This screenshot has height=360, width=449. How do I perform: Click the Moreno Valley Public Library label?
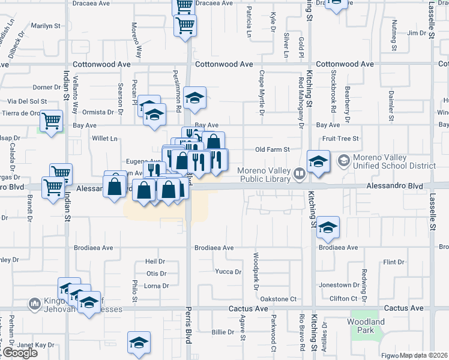(x=265, y=173)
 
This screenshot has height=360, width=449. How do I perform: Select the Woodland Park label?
(x=366, y=326)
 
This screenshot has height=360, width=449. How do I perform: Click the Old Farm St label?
(x=273, y=149)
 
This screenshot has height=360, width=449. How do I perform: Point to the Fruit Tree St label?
(x=340, y=138)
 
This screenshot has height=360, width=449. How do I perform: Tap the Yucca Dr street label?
(x=228, y=271)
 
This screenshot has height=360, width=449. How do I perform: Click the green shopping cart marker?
(x=52, y=122)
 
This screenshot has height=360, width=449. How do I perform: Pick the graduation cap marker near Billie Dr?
(x=139, y=343)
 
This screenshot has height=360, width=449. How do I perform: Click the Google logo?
(x=20, y=353)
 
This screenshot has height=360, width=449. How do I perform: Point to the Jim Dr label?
(x=416, y=33)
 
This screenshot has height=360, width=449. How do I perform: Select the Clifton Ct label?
(x=348, y=298)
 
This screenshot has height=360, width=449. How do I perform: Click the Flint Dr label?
(x=394, y=262)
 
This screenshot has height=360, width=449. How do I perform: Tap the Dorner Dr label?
(x=43, y=87)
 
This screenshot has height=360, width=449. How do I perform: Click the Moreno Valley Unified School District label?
(x=394, y=161)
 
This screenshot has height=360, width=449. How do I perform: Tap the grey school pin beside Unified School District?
(x=343, y=160)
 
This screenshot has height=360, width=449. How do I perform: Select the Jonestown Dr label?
(x=351, y=284)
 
